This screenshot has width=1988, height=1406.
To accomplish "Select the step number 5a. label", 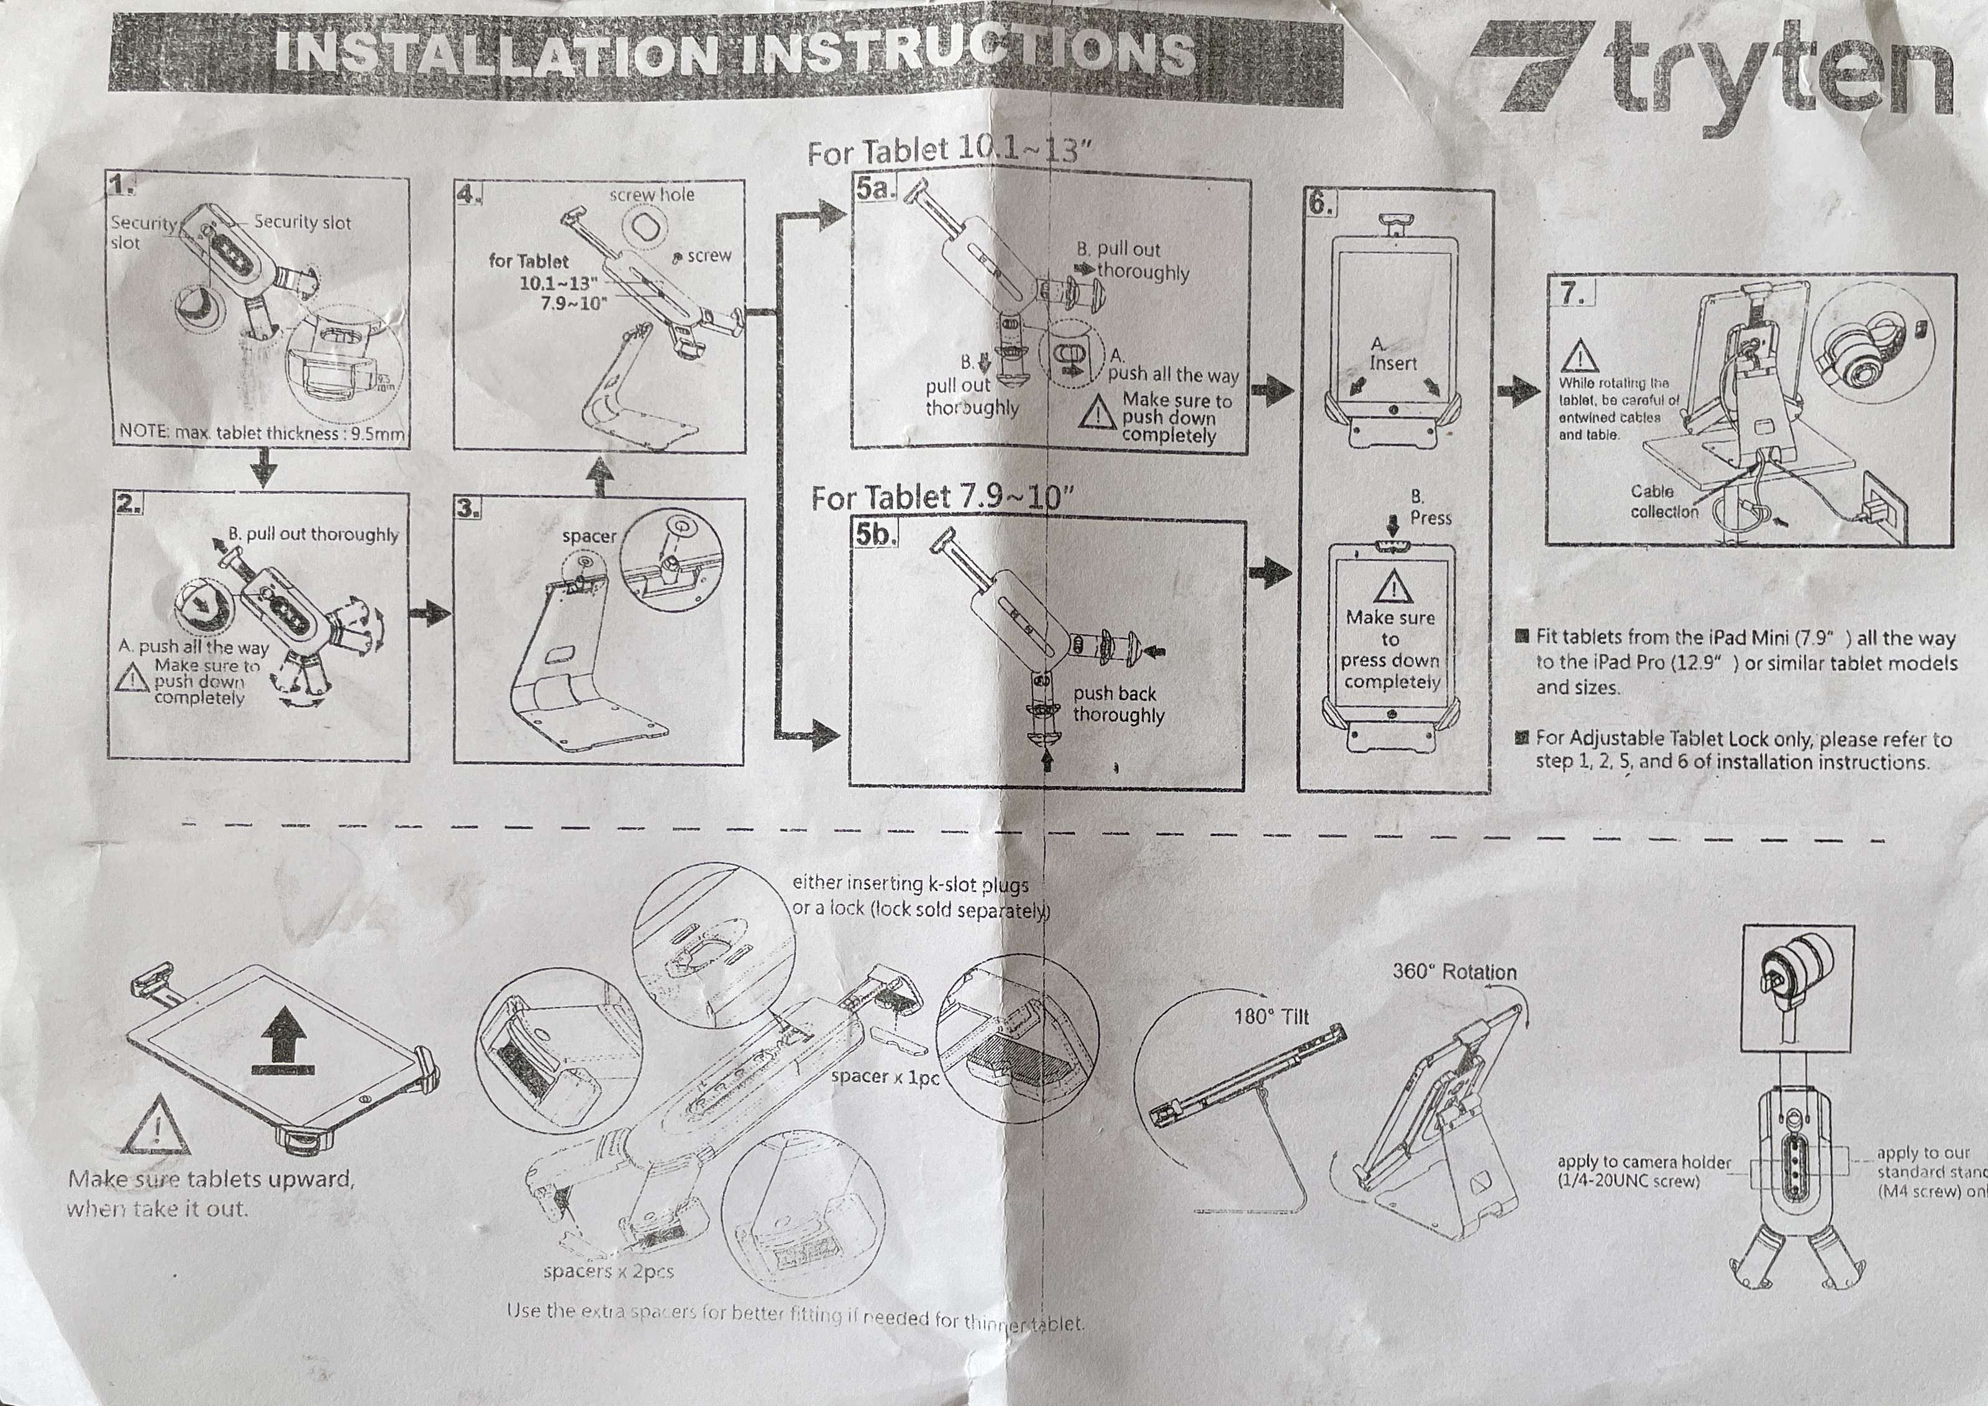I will coord(875,189).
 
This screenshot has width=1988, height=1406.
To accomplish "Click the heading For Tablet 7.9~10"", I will coord(942,497).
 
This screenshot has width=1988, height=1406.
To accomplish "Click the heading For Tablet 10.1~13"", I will coord(948,152).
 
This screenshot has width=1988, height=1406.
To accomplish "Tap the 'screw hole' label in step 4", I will coord(651,195).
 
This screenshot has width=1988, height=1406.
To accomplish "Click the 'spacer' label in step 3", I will coord(589,536).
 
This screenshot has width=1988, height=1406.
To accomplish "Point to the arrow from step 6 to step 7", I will coord(1519,391).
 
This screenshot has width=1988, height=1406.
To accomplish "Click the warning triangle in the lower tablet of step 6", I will coord(1392,588).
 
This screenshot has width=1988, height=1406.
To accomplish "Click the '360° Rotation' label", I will coord(1454,972).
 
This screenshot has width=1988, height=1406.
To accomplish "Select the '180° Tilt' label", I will coord(1271,1016).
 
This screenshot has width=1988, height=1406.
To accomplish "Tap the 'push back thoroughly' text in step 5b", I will coord(1118,704).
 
